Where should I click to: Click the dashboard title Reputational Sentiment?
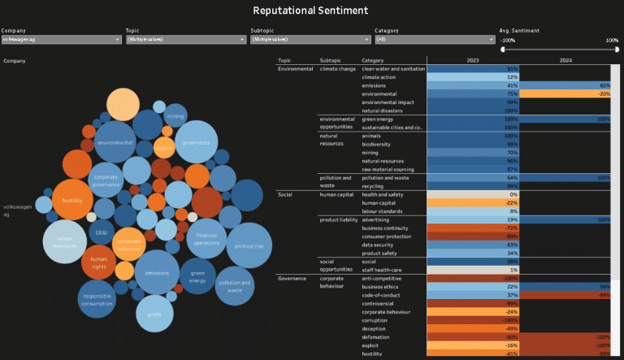(310, 11)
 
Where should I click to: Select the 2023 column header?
(472, 60)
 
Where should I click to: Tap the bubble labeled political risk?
(249, 245)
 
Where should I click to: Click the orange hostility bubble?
(73, 199)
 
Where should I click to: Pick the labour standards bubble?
(65, 241)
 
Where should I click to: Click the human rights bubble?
(99, 262)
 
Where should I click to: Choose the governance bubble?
(196, 142)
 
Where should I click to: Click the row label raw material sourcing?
(388, 169)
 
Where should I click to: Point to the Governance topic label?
(292, 279)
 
